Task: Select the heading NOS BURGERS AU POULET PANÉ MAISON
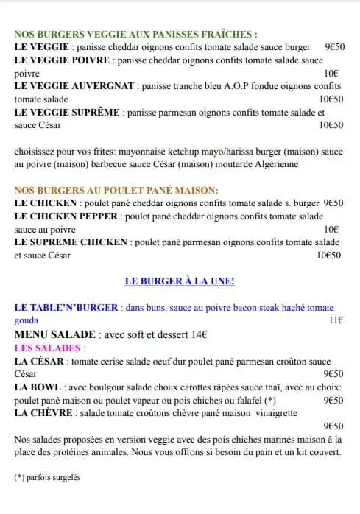[116, 190]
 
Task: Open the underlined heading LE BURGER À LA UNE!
[180, 281]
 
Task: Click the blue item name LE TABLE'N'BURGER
[67, 307]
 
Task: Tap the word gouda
[27, 320]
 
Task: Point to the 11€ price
[336, 320]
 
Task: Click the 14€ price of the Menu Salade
[198, 334]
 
